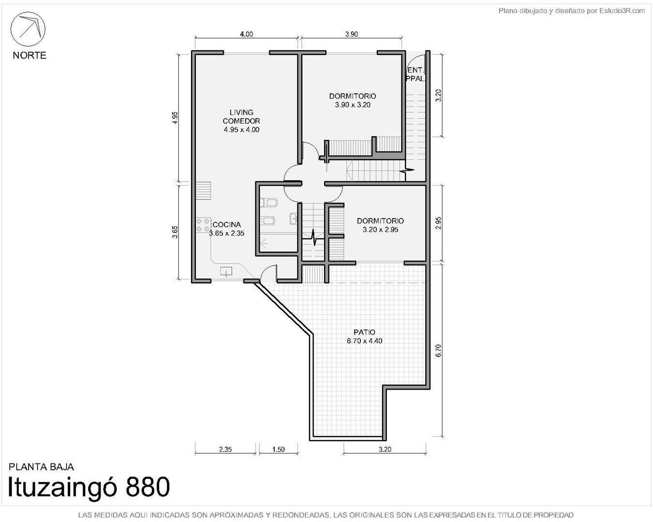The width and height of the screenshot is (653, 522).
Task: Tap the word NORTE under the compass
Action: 30,56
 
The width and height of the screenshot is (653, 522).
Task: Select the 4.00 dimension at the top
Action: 246,34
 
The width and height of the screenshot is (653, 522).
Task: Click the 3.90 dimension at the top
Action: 351,34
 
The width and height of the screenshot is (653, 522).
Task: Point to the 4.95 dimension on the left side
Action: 175,118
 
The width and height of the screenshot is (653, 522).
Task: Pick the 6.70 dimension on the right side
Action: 438,350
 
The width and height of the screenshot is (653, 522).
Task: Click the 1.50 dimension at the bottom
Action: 278,449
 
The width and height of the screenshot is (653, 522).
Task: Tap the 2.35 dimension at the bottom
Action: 225,449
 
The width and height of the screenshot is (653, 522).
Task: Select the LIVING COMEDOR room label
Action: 241,117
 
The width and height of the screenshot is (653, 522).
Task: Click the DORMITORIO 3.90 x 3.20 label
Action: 353,101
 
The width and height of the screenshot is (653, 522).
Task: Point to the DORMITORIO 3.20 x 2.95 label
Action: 380,225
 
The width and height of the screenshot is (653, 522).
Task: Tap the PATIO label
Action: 364,336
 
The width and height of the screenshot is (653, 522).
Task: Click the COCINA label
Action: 227,225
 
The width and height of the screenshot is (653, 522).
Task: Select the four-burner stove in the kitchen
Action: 203,225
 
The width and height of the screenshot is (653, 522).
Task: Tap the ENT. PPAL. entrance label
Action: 416,74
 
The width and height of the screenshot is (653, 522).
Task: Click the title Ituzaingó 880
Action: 89,488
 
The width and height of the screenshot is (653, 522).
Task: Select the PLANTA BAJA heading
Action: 41,467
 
